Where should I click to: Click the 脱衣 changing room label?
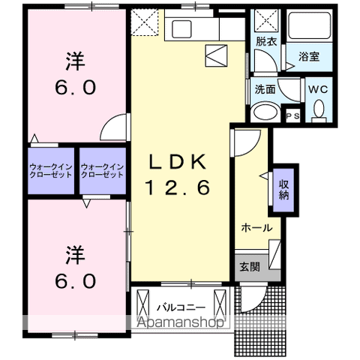coord(266,43)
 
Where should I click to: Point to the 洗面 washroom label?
coord(264,88)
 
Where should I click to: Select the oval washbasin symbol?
coord(265,113)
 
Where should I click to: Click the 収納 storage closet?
coord(284,185)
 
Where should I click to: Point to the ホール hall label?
coord(256,227)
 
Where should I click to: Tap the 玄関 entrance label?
coord(250,267)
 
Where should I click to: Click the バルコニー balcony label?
coord(177,306)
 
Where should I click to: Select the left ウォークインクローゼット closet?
coord(52,169)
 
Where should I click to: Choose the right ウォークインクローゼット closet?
coord(102,169)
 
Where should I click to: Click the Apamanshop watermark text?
coord(181,323)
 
